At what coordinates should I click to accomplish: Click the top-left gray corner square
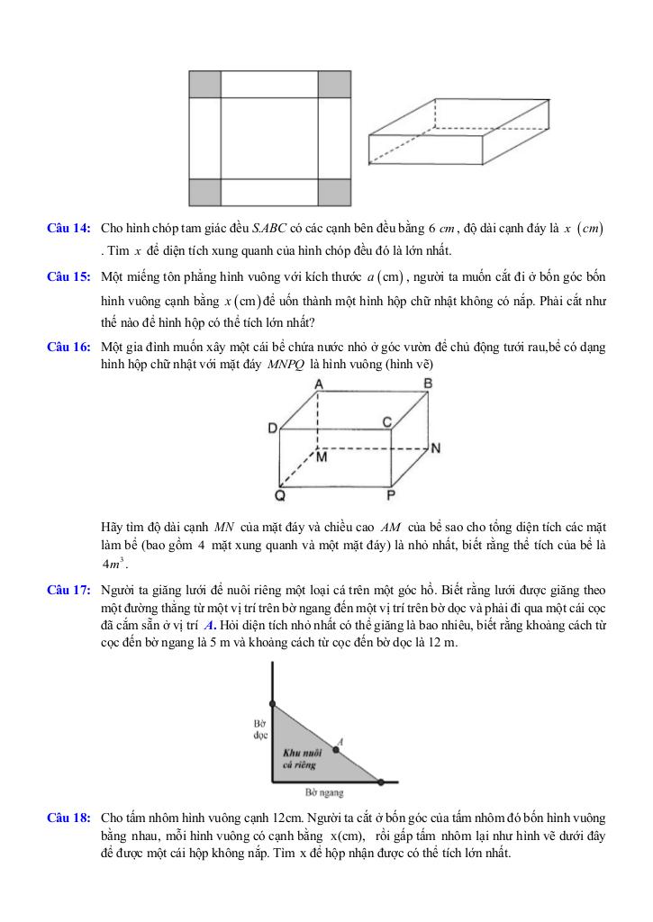pos(205,84)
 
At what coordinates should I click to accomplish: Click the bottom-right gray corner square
pos(334,192)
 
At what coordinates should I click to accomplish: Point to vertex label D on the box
pos(272,429)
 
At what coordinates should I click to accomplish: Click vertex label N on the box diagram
pos(435,447)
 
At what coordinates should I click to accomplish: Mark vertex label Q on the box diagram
pos(281,494)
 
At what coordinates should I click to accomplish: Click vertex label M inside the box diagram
pos(322,456)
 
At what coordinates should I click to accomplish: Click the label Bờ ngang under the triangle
pos(325,793)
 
